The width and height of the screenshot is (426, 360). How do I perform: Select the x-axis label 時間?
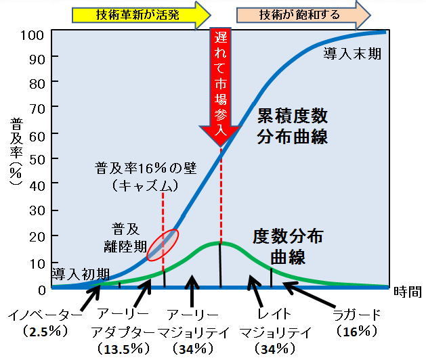[407, 292]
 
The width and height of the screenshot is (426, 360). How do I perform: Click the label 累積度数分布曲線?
[293, 126]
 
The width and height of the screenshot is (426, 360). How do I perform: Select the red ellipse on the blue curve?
[163, 244]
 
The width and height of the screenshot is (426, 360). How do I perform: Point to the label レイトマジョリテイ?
[275, 323]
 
